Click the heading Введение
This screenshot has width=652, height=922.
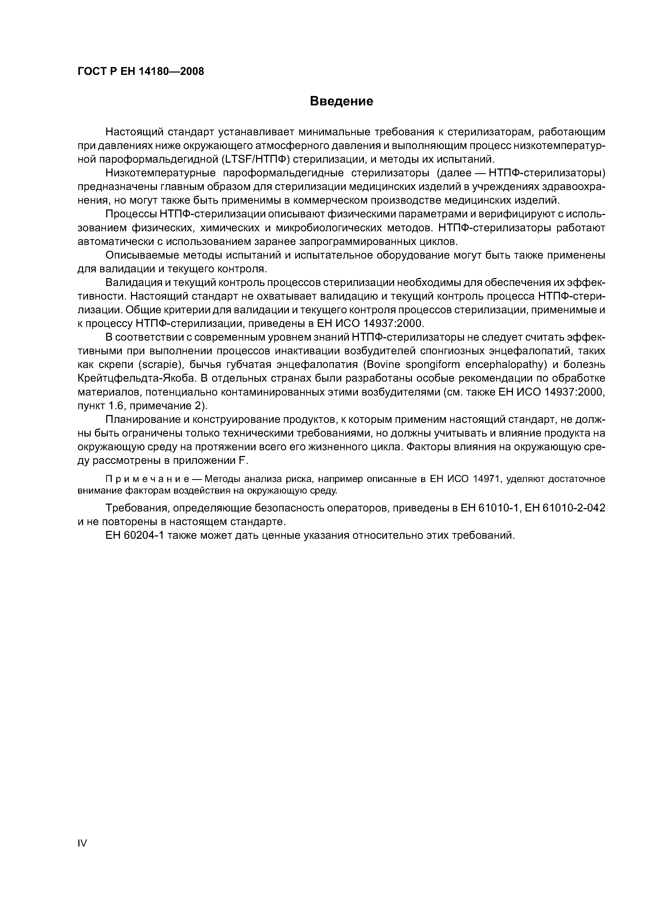pos(342,101)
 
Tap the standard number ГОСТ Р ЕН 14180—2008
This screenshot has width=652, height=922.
pos(141,71)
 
